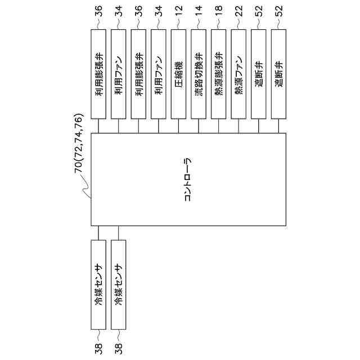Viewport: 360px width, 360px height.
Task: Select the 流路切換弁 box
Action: pos(199,73)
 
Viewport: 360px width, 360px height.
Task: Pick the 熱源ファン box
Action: pos(238,73)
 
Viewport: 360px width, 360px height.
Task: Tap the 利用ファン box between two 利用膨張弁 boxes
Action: pos(119,73)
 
